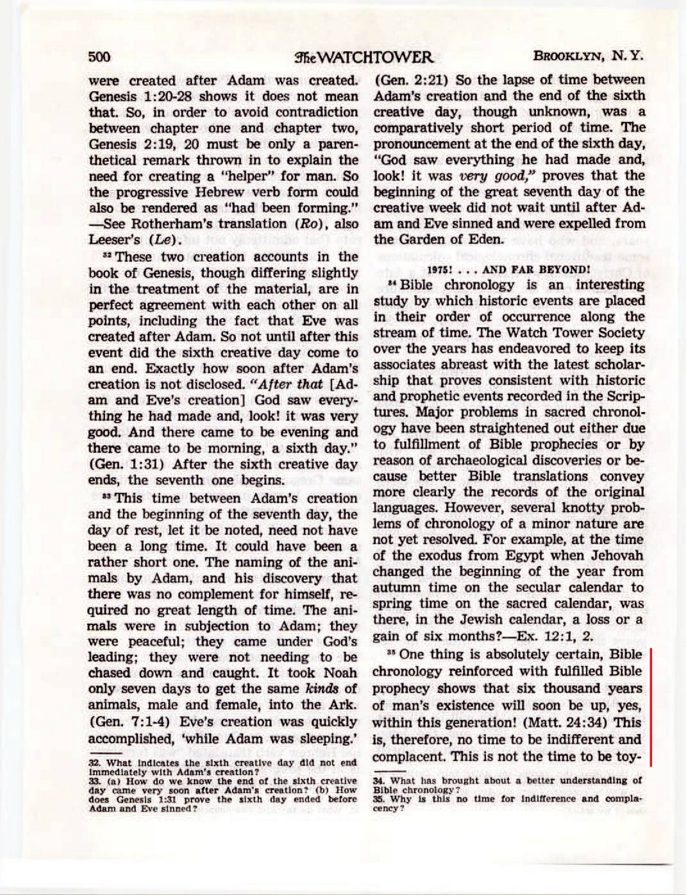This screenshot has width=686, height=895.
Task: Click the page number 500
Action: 99,57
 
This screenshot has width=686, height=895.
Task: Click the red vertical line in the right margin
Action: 650,707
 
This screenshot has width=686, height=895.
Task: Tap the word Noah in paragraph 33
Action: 340,673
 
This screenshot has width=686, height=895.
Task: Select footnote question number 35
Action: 379,798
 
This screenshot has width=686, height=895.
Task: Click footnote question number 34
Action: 379,781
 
